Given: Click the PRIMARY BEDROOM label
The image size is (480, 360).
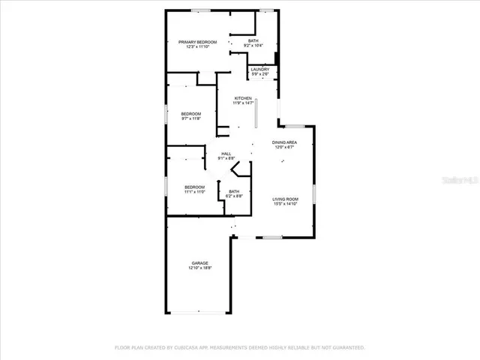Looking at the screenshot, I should click(198, 42).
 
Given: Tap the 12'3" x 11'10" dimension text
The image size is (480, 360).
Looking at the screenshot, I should click(198, 47).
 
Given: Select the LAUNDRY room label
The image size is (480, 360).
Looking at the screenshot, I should click(260, 69).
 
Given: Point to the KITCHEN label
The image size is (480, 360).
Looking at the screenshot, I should click(243, 98).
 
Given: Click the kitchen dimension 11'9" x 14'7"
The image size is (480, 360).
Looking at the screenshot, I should click(243, 103).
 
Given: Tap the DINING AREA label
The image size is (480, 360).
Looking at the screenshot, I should click(284, 142).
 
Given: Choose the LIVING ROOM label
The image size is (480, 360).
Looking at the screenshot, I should click(285, 199).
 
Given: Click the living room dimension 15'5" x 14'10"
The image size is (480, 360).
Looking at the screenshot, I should click(285, 204).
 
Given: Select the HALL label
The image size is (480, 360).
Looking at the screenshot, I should click(226, 153).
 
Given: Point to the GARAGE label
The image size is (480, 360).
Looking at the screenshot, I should click(199, 262).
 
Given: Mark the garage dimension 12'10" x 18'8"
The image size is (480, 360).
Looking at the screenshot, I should click(199, 268).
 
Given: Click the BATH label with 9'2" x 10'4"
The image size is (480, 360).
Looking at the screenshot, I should click(253, 40).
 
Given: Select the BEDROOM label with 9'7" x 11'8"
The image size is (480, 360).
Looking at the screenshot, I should click(191, 113).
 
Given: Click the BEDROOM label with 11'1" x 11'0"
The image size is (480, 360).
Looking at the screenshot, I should click(195, 186).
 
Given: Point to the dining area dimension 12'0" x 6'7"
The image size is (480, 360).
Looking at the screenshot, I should click(284, 148).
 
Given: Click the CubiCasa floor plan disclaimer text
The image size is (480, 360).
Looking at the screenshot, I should click(239, 347).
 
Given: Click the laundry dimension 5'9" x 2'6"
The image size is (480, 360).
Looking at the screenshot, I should click(260, 74).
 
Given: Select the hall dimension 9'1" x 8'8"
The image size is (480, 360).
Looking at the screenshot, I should click(226, 158).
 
